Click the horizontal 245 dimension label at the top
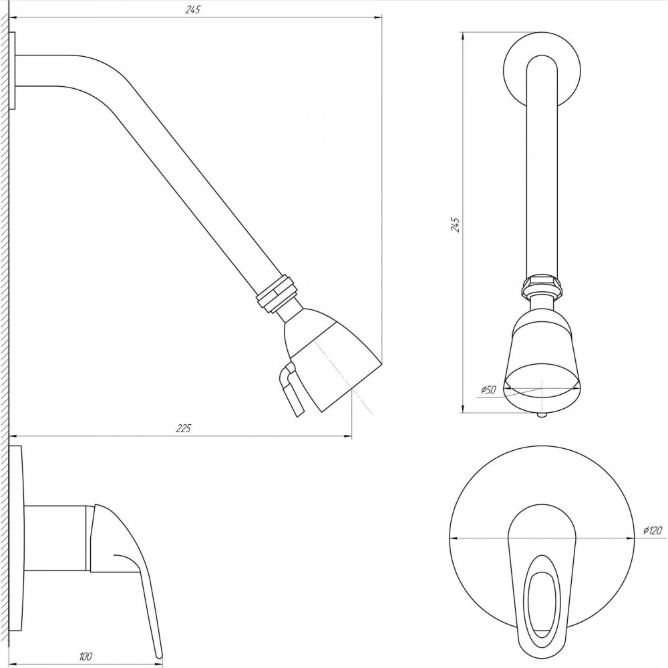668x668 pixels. [192, 9]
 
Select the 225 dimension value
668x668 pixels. [184, 428]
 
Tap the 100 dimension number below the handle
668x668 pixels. [86, 657]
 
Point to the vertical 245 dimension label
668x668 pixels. [456, 224]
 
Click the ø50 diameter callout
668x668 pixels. [489, 389]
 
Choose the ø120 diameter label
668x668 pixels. [652, 530]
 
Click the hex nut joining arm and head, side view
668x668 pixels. [275, 294]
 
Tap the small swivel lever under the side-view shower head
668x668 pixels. [291, 388]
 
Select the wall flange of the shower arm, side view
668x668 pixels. [12, 71]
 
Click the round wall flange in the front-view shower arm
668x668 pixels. [542, 70]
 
